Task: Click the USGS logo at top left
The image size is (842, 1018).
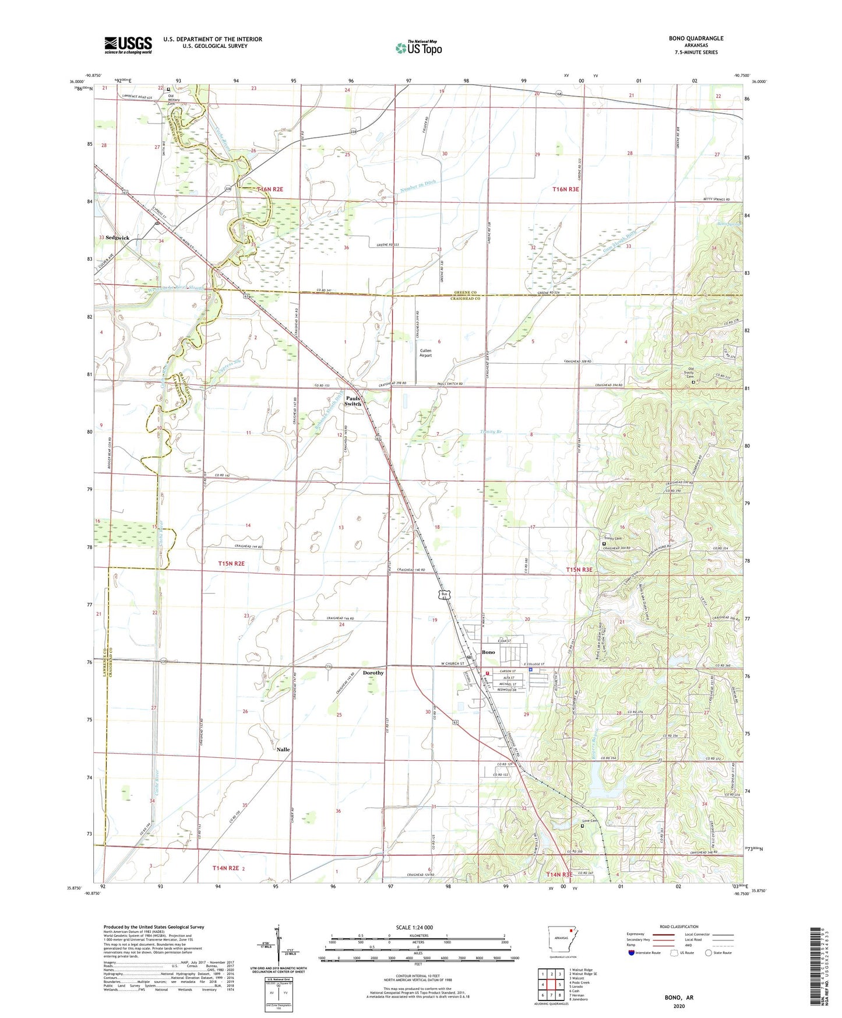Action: click(128, 45)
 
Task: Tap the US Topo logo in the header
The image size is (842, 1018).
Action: click(419, 48)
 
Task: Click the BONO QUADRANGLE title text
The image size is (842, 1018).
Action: click(696, 38)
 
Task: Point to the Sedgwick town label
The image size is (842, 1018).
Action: click(117, 238)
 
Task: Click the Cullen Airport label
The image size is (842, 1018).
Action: click(425, 353)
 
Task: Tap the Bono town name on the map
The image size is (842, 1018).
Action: click(488, 652)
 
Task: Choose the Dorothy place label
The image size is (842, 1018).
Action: click(373, 673)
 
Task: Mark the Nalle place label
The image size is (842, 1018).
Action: click(283, 749)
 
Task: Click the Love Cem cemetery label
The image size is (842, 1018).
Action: click(590, 821)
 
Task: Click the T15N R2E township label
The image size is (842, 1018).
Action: click(231, 564)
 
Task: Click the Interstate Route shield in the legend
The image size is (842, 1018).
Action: click(632, 953)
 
